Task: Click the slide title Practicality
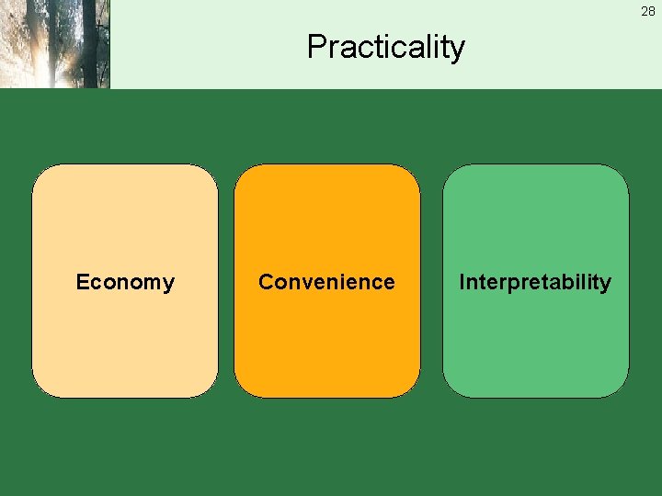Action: [x=386, y=46]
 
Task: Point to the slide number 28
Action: [x=648, y=11]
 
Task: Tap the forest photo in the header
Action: [x=54, y=43]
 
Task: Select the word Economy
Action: [x=125, y=282]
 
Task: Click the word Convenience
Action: [x=326, y=282]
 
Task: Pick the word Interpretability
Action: [x=535, y=282]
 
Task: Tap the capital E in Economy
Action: [x=82, y=282]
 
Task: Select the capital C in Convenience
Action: [x=266, y=282]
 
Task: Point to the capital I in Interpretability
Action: [x=462, y=282]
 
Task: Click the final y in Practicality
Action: [x=457, y=50]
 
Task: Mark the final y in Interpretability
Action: [x=606, y=285]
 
